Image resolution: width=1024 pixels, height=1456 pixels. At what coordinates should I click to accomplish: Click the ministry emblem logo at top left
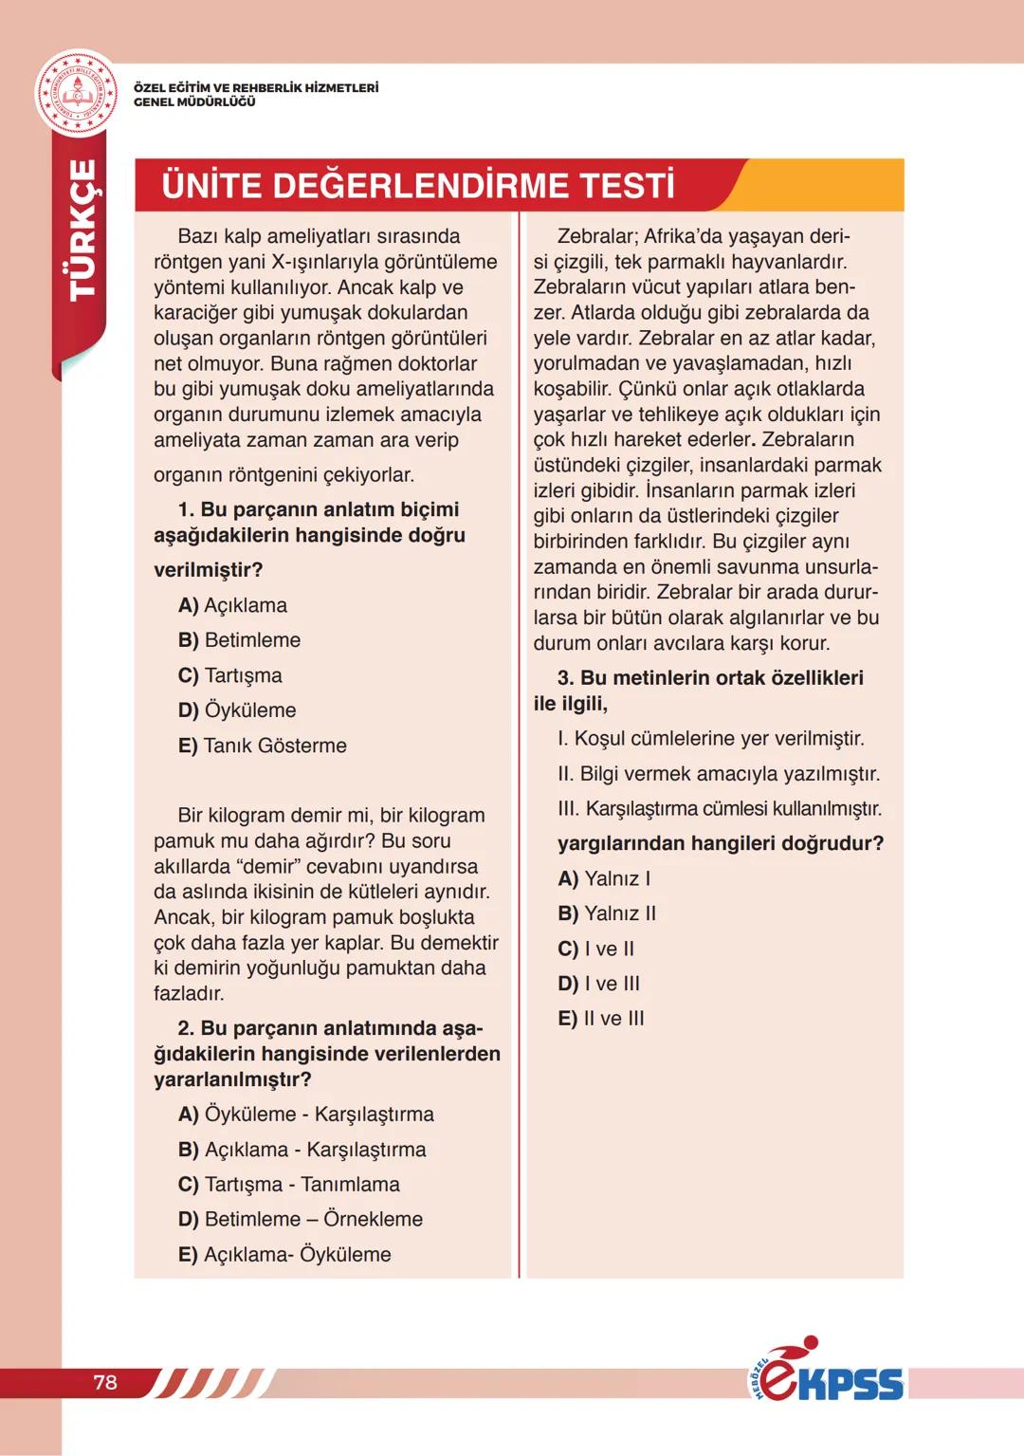point(77,94)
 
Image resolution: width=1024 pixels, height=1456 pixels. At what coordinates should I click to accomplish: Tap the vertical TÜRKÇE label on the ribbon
point(82,230)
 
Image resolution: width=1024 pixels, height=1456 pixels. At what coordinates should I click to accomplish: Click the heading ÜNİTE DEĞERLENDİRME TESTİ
point(417,186)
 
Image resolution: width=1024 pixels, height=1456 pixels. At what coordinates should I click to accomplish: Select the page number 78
point(105,1382)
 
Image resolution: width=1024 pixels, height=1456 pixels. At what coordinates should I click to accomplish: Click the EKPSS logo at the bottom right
point(826,1373)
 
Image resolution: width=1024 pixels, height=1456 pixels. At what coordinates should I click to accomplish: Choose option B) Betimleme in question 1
point(239,640)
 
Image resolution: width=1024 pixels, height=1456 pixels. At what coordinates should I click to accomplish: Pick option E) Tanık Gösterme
point(262,746)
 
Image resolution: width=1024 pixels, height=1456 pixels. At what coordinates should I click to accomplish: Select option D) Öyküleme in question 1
point(237,710)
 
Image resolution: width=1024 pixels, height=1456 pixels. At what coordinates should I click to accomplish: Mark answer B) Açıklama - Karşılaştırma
point(302,1150)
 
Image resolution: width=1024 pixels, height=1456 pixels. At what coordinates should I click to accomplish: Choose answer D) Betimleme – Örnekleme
point(300,1219)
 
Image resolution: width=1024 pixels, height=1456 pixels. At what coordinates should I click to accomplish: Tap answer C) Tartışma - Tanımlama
point(288,1185)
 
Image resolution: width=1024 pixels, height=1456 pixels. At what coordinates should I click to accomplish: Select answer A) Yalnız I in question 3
point(604,878)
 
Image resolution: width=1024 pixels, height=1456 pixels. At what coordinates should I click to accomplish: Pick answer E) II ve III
point(601,1019)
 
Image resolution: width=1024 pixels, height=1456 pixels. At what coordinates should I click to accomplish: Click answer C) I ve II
point(596,949)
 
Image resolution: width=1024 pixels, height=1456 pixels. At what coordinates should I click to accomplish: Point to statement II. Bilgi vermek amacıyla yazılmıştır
point(719,774)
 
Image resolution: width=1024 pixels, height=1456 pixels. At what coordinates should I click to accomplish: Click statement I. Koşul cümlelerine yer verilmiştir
point(711,739)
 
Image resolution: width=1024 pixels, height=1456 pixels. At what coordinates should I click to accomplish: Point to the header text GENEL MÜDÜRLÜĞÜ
point(194,102)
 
